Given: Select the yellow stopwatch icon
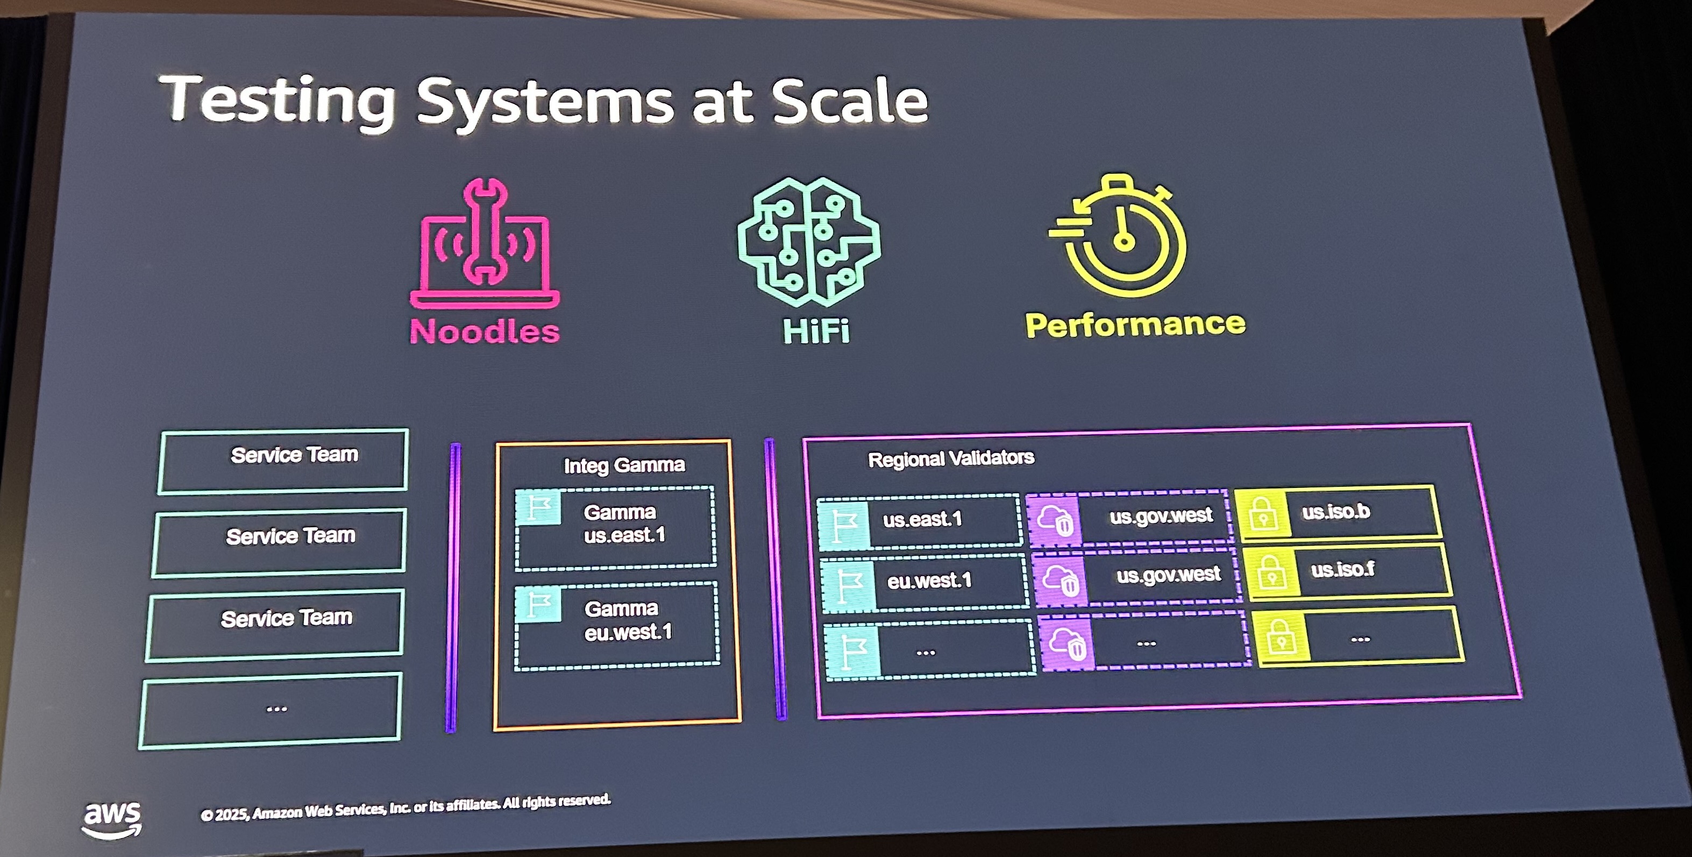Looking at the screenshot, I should pyautogui.click(x=1120, y=237).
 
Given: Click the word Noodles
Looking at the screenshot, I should pyautogui.click(x=485, y=330).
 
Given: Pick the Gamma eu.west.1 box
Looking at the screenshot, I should pyautogui.click(x=617, y=625).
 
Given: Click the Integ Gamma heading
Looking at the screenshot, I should pyautogui.click(x=624, y=465).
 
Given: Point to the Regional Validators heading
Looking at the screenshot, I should pyautogui.click(x=950, y=458).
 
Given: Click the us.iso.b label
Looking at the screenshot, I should pyautogui.click(x=1336, y=511).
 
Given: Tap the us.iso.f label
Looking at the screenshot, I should pyautogui.click(x=1342, y=569).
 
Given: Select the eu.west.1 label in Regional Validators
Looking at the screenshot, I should pyautogui.click(x=929, y=580).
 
